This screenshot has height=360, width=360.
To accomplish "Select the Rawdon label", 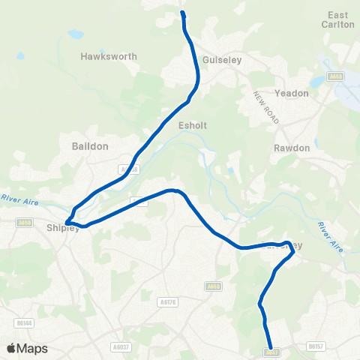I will point(292,148).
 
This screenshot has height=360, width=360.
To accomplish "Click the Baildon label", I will point(90,145).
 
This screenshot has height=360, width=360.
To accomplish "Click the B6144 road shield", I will point(25,323).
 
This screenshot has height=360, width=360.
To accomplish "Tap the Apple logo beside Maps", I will point(11,348).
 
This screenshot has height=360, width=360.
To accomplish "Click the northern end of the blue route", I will point(183,13).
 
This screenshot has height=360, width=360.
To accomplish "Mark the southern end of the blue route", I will point(270,346).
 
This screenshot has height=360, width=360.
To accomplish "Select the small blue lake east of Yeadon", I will point(316,81).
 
